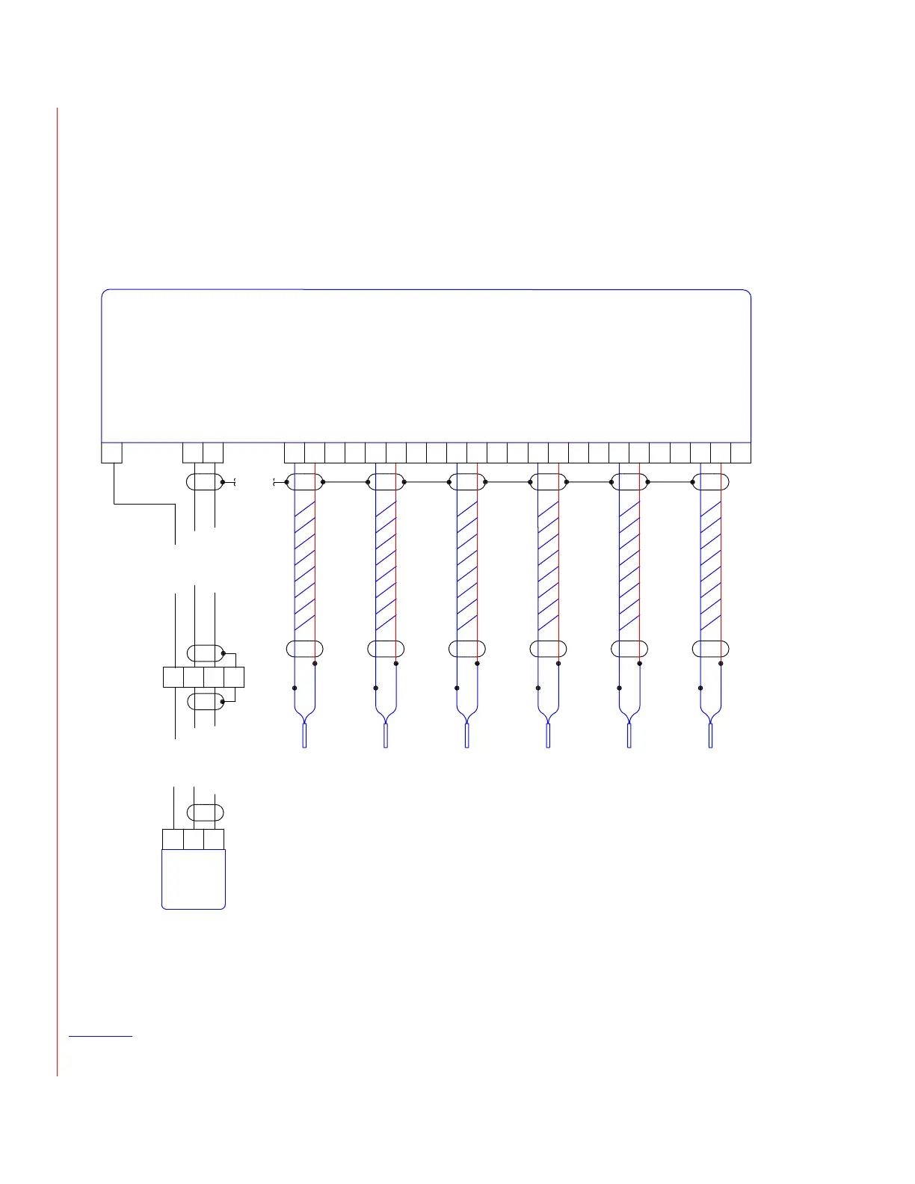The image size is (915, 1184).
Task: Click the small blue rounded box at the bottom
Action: [x=194, y=879]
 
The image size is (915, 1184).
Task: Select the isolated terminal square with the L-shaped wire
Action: [x=111, y=453]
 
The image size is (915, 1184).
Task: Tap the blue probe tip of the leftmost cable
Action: [x=304, y=736]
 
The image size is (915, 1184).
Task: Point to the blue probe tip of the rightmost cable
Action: [x=710, y=736]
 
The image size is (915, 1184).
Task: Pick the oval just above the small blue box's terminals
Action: [x=204, y=813]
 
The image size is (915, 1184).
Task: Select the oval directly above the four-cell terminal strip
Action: [x=204, y=653]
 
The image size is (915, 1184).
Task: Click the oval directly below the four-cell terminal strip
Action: [x=204, y=701]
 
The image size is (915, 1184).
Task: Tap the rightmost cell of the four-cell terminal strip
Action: [x=234, y=677]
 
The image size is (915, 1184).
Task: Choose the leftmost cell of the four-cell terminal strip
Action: [x=173, y=677]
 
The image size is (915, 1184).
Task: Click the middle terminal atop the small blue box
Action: [x=194, y=839]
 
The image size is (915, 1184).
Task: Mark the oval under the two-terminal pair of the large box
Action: [x=204, y=482]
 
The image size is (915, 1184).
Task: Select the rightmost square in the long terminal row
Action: [x=741, y=453]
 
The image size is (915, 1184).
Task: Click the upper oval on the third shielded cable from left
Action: [x=467, y=482]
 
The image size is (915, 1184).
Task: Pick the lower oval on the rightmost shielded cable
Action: [x=710, y=649]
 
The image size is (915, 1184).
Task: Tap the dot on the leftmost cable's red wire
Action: [x=315, y=663]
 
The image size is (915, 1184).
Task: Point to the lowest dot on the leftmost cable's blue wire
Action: [x=295, y=688]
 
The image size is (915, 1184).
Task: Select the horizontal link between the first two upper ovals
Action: [x=345, y=482]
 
